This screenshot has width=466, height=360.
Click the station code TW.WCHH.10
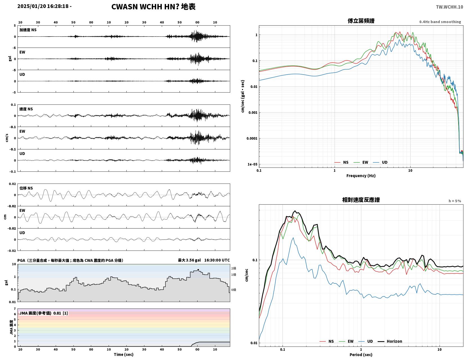449,7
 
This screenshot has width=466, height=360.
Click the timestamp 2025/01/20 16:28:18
43,6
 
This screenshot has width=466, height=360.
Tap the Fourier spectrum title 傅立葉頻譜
361,21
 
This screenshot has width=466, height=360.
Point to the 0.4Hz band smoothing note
440,22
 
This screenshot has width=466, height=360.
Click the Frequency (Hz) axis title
361,176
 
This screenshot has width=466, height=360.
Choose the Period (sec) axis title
361,355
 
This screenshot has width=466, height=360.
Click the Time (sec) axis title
124,354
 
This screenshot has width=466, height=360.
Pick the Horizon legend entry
390,341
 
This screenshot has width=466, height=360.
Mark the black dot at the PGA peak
198,270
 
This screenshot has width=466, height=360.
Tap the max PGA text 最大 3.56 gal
189,260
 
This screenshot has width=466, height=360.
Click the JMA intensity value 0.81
57,313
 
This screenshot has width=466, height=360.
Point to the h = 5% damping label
455,201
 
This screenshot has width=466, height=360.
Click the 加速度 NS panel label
28,30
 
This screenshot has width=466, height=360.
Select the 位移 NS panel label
26,188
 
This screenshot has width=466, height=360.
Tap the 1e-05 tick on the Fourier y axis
252,164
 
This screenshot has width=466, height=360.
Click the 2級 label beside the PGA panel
234,268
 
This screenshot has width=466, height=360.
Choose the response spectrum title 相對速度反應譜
361,200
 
